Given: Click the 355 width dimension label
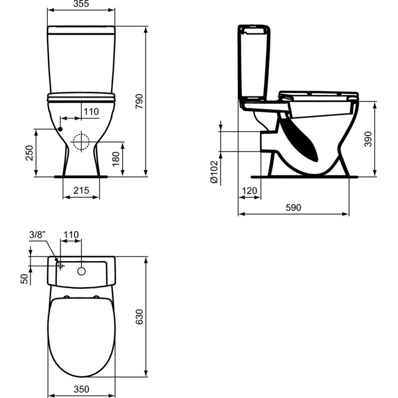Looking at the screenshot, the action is tap(81, 4).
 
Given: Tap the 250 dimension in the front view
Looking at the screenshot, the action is tap(30, 153).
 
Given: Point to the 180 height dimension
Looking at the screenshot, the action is tap(116, 159).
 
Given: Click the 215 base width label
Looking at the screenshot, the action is tap(81, 190).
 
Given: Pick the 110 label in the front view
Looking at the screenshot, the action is tap(91, 112).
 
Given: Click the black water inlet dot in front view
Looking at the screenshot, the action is tap(60, 129).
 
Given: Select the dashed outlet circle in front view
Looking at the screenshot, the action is tap(81, 142).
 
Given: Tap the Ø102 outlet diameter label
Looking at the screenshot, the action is tap(214, 172).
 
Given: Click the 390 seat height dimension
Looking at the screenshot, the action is tap(368, 139).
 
